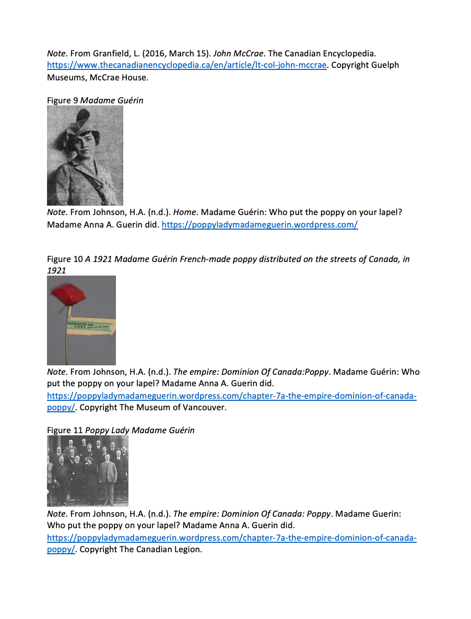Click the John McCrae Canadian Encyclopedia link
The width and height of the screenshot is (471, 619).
click(x=187, y=65)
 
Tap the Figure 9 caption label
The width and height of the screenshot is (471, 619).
click(x=62, y=100)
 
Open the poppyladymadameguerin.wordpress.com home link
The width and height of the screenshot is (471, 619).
click(x=260, y=225)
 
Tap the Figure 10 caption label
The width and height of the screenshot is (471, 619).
click(x=65, y=259)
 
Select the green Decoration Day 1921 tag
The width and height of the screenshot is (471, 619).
click(x=90, y=327)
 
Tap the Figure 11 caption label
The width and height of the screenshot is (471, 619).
click(x=65, y=430)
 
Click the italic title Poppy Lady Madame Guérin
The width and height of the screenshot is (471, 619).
click(x=139, y=430)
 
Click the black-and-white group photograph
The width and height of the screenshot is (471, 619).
click(x=88, y=471)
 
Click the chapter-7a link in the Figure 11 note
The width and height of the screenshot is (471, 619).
click(x=231, y=538)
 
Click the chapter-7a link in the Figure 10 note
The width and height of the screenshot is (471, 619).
click(x=231, y=396)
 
